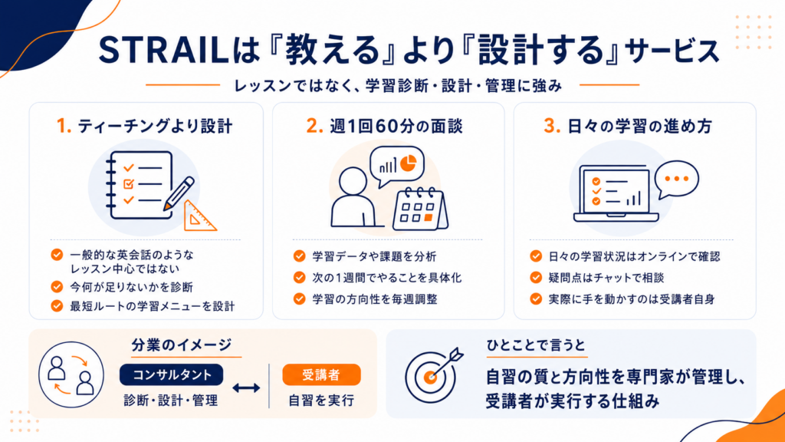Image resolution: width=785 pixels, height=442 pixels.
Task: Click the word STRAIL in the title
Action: pos(163,50)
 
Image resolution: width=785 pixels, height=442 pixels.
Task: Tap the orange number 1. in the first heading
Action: pos(64,127)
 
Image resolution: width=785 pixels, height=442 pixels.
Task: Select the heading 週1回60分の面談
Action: pos(396,127)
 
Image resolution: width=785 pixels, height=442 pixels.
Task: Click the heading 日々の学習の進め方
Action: pos(639,127)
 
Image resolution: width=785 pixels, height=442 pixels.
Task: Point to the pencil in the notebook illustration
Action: pos(179,193)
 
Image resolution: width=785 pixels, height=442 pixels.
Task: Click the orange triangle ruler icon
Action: pos(199,216)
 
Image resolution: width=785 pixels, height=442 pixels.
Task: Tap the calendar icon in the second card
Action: pos(420,209)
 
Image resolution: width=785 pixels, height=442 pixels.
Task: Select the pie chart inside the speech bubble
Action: pos(409,163)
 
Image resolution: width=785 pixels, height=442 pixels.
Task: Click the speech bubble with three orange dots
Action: pos(676,180)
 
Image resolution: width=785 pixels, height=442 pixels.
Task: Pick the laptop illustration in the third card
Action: pos(616,193)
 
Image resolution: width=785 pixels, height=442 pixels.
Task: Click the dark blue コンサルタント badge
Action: pos(171,374)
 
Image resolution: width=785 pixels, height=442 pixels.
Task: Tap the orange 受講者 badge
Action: pos(321,374)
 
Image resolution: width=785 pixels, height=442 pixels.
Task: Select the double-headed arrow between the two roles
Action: pos(246,388)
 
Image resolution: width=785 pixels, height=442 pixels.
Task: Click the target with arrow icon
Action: pos(434,375)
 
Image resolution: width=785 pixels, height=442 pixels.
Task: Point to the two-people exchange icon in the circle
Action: pos(71,374)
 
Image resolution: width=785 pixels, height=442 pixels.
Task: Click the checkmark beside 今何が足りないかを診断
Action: pos(57,287)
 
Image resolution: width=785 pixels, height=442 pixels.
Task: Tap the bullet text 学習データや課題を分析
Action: pos(374,256)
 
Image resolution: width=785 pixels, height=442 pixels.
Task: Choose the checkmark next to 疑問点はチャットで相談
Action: pos(536,278)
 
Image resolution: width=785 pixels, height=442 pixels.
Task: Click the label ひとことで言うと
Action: pos(536,345)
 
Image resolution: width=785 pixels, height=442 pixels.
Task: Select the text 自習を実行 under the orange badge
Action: pos(321,401)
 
